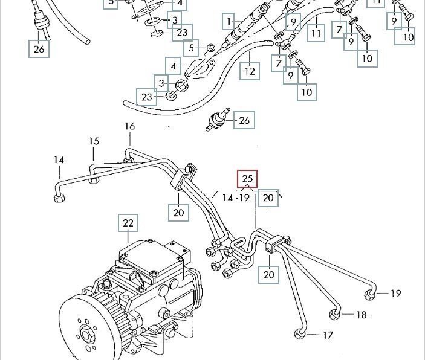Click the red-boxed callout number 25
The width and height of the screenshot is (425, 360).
pyautogui.click(x=247, y=179)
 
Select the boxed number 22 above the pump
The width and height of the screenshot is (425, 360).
pyautogui.click(x=128, y=223)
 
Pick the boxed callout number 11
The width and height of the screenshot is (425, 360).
pyautogui.click(x=316, y=32)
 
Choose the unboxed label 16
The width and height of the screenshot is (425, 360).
pyautogui.click(x=130, y=126)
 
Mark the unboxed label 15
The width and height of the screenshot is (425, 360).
pyautogui.click(x=94, y=141)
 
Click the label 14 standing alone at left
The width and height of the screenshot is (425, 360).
pyautogui.click(x=59, y=160)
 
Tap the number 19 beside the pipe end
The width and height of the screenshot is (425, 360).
pyautogui.click(x=395, y=294)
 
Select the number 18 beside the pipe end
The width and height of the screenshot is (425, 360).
pyautogui.click(x=361, y=315)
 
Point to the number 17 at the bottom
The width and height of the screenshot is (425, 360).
pyautogui.click(x=328, y=335)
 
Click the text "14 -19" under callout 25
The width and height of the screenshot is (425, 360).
pyautogui.click(x=236, y=198)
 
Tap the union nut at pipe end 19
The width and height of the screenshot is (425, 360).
pyautogui.click(x=371, y=294)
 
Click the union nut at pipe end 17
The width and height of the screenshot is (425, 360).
pyautogui.click(x=300, y=335)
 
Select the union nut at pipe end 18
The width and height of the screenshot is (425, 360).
pyautogui.click(x=336, y=313)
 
